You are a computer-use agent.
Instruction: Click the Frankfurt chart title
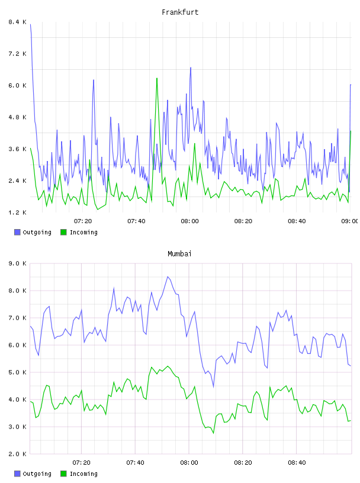click(x=180, y=12)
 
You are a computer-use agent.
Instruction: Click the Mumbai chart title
click(x=179, y=254)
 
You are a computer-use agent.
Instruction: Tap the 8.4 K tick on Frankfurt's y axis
click(x=18, y=22)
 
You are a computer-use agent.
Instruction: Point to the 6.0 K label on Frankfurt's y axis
click(x=18, y=85)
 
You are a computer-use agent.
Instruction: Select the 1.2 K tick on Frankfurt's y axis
click(x=18, y=212)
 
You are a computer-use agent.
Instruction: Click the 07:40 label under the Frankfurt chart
click(x=136, y=221)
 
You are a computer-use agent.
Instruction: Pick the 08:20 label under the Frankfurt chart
click(x=243, y=221)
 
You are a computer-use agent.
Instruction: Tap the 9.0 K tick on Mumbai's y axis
click(x=18, y=263)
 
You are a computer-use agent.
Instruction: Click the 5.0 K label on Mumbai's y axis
click(x=18, y=372)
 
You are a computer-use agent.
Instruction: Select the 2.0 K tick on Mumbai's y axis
click(x=18, y=454)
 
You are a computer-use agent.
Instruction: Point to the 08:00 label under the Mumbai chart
click(x=189, y=462)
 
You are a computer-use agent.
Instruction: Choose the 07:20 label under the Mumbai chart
click(x=81, y=462)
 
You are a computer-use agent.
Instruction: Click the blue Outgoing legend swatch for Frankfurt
click(x=17, y=232)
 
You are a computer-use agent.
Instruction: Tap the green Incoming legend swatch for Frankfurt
click(x=63, y=232)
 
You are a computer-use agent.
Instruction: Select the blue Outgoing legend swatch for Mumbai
click(x=17, y=474)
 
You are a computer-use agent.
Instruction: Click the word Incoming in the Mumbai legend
click(x=83, y=474)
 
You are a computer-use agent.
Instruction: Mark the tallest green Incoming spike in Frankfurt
click(x=157, y=79)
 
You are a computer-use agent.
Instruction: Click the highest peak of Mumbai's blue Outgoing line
click(x=168, y=276)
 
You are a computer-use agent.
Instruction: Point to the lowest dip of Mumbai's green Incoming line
click(x=213, y=433)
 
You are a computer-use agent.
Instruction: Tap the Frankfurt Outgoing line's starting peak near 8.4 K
click(x=31, y=24)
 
